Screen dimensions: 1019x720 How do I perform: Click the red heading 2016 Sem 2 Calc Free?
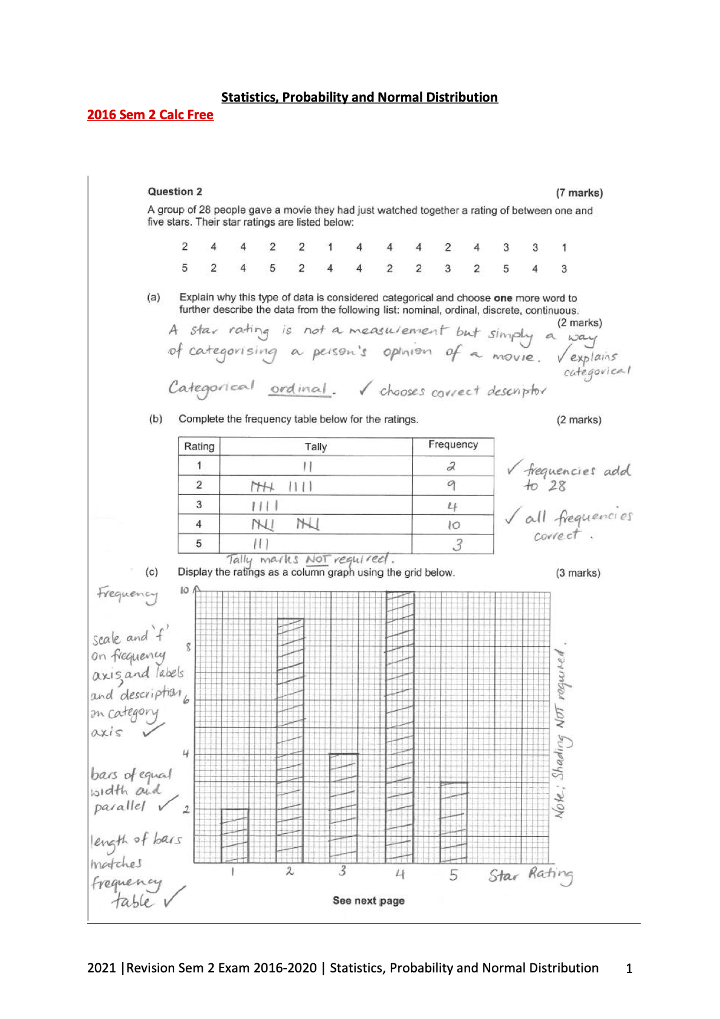pos(150,115)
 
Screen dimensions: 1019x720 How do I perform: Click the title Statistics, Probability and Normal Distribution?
pos(359,97)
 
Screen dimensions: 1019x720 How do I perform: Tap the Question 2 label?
pos(175,192)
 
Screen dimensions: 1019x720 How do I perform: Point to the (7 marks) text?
pos(579,193)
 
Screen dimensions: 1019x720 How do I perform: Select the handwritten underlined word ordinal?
pos(300,388)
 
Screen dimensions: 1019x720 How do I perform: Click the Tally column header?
pos(316,447)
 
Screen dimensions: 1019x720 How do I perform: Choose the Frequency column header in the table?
pos(453,445)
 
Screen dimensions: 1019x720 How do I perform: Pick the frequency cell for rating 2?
pos(452,485)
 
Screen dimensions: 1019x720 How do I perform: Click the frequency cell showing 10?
pos(453,525)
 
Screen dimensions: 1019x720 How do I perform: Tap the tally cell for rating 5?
pos(315,543)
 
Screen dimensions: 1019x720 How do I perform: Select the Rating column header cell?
pos(199,447)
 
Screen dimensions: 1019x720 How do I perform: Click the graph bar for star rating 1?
pos(235,836)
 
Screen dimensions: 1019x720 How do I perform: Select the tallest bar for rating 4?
pos(400,726)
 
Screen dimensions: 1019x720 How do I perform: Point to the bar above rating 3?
pos(343,808)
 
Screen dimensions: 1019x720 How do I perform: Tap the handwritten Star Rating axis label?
pos(531,876)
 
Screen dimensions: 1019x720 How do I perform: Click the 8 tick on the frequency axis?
pos(188,647)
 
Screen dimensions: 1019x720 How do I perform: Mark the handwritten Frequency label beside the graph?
pos(127,594)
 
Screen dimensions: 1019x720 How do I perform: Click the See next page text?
pos(368,900)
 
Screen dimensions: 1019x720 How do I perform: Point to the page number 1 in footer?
pos(629,969)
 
